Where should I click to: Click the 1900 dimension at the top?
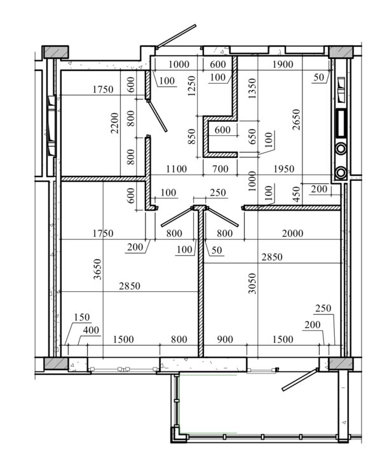pyautogui.click(x=283, y=64)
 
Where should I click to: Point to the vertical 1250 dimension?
pyautogui.click(x=191, y=86)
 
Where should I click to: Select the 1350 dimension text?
pyautogui.click(x=252, y=89)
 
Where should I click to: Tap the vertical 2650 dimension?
pyautogui.click(x=296, y=119)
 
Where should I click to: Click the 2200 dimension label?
pyautogui.click(x=114, y=123)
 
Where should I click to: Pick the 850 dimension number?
pyautogui.click(x=191, y=136)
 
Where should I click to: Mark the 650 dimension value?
pyautogui.click(x=252, y=136)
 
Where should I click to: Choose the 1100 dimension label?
pyautogui.click(x=176, y=169)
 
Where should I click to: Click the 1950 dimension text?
pyautogui.click(x=283, y=169)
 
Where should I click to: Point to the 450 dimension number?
pyautogui.click(x=296, y=194)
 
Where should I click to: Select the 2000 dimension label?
pyautogui.click(x=292, y=234)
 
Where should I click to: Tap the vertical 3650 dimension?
pyautogui.click(x=97, y=269)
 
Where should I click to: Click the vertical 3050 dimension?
pyautogui.click(x=252, y=284)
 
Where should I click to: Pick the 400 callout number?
pyautogui.click(x=91, y=330)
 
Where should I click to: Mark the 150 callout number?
pyautogui.click(x=82, y=317)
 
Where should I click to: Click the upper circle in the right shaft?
pyautogui.click(x=341, y=149)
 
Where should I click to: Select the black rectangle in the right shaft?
pyautogui.click(x=341, y=123)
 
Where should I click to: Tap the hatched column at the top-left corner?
pyautogui.click(x=55, y=52)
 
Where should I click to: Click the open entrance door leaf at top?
pyautogui.click(x=176, y=36)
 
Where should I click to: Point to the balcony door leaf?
pyautogui.click(x=300, y=380)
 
